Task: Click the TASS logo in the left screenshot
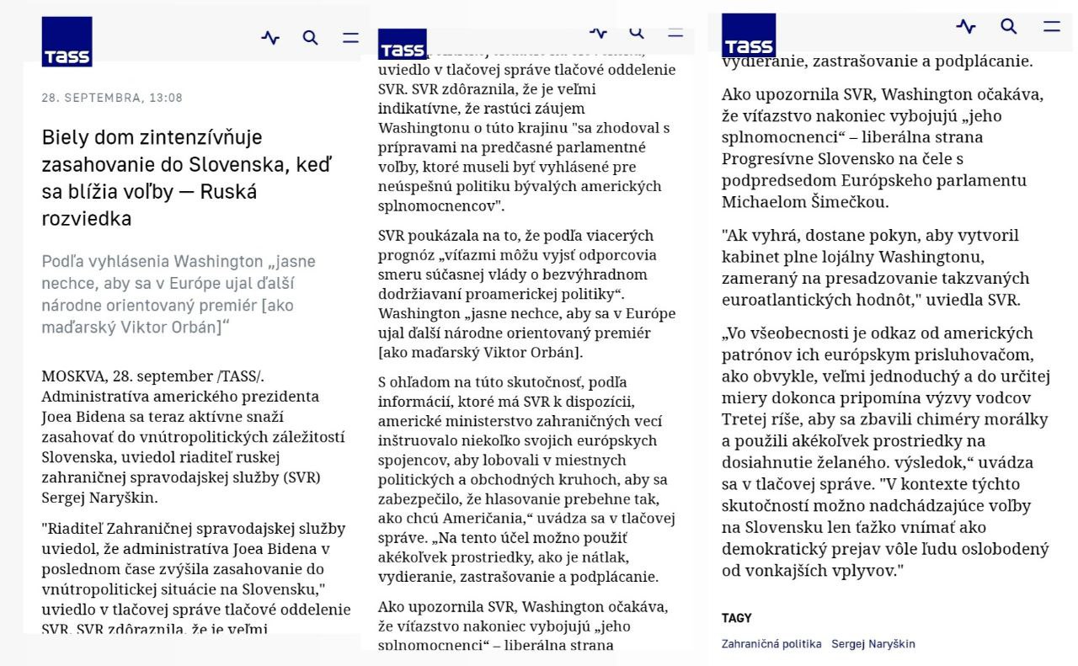(67, 42)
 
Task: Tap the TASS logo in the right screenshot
(749, 35)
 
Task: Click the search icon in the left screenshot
(310, 38)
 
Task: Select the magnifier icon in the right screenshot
(1008, 26)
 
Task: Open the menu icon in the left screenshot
(350, 38)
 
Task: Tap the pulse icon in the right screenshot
(966, 26)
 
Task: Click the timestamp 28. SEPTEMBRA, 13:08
(112, 98)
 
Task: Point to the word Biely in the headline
(64, 137)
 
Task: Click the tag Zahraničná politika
(771, 644)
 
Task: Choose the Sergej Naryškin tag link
(873, 644)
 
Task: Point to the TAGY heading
(736, 618)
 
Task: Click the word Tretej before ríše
(744, 419)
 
